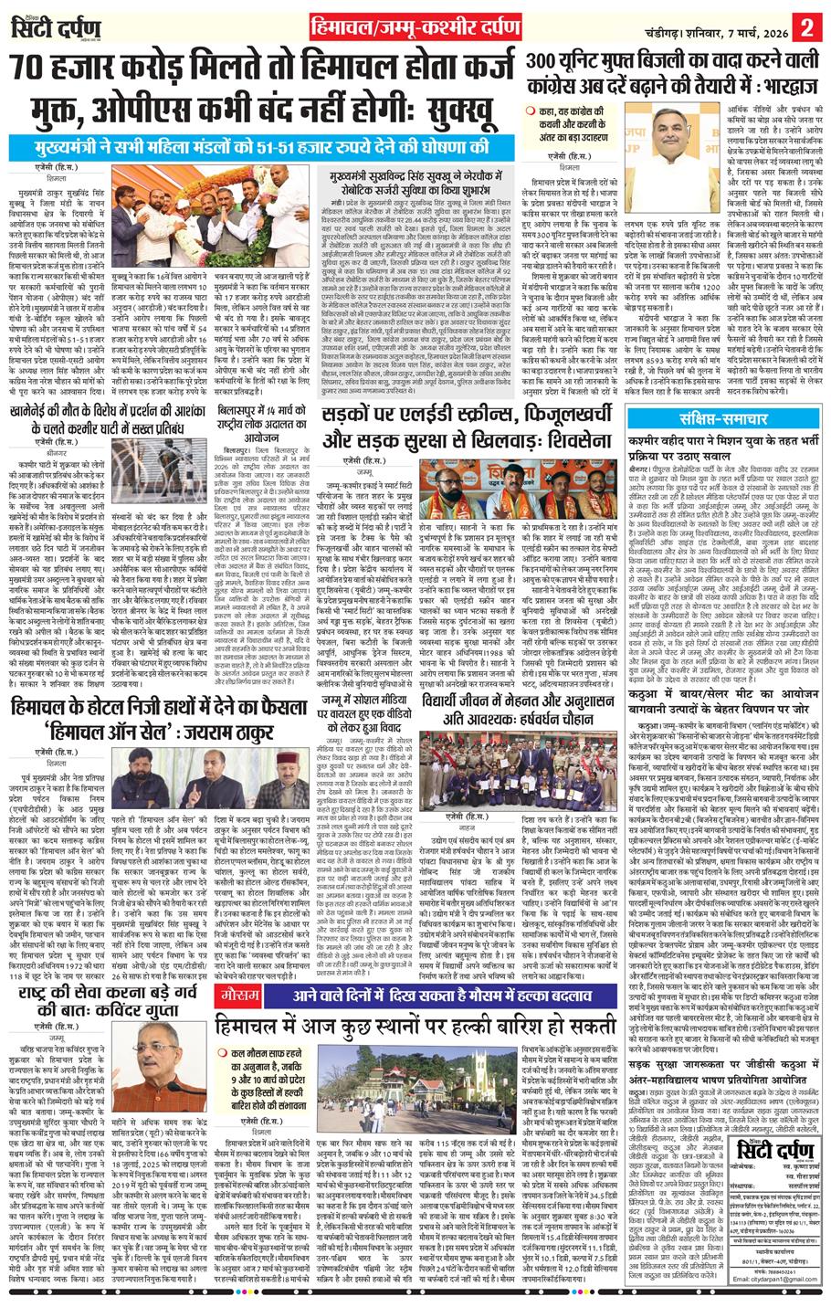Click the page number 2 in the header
pyautogui.click(x=807, y=24)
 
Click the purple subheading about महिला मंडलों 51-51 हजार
pyautogui.click(x=264, y=145)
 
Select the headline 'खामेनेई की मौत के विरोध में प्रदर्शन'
pyautogui.click(x=109, y=426)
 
